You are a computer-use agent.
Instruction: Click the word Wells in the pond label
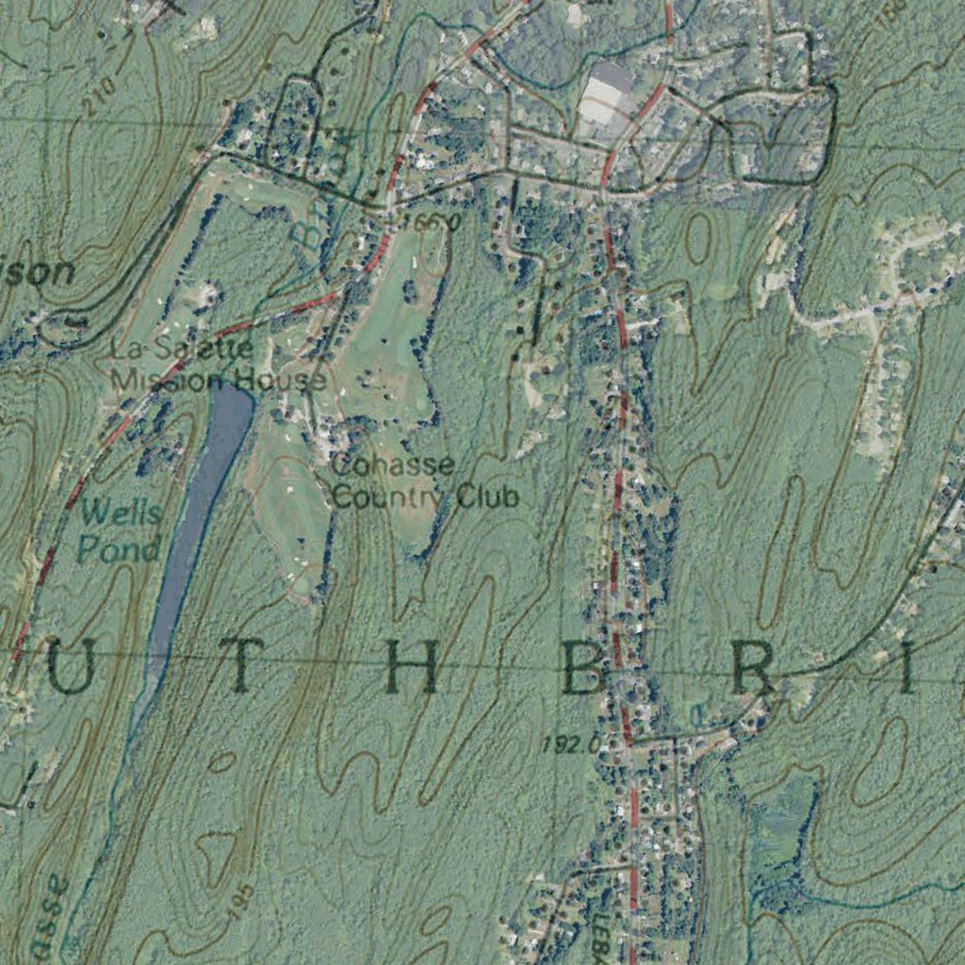click(119, 515)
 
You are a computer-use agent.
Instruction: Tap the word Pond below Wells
click(119, 548)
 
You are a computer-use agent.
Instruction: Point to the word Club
click(487, 496)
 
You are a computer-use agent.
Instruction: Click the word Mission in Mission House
click(156, 380)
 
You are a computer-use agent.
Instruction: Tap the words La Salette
click(182, 349)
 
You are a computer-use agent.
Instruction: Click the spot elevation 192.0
click(568, 744)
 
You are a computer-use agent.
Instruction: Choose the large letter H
click(412, 669)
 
